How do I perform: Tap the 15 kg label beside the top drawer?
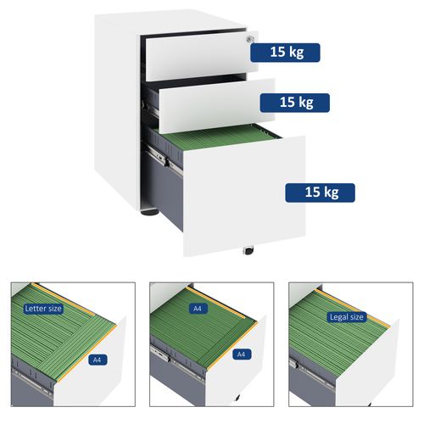click(x=285, y=53)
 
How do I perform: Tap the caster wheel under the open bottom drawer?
click(x=248, y=250)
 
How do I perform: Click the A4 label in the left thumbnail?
click(x=98, y=359)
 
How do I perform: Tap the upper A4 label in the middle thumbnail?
click(x=197, y=309)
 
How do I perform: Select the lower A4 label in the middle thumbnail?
click(x=240, y=354)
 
